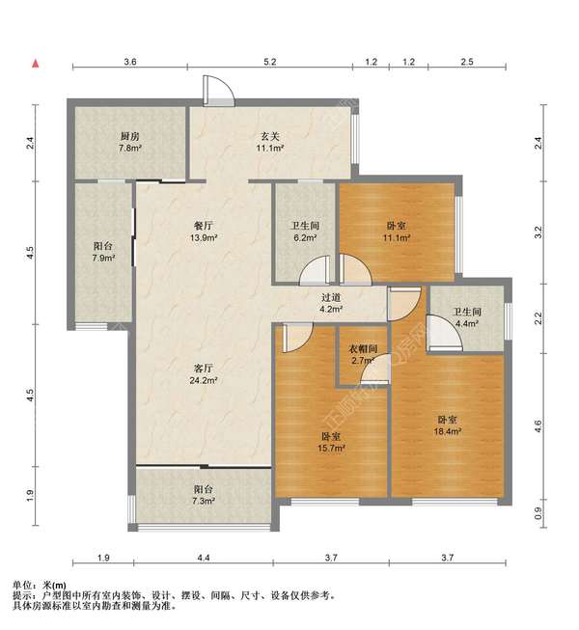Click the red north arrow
pos(36,64)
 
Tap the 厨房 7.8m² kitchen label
pos(129,142)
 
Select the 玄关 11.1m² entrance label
pos(270,142)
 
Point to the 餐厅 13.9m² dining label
pos(204,232)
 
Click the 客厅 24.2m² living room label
pos(204,374)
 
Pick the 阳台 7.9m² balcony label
pos(103,252)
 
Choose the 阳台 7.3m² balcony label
pos(204,495)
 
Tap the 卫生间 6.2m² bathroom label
pos(305,232)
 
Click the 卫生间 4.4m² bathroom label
pos(466,317)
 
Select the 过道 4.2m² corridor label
pos(332,303)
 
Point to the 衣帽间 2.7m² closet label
pos(363,354)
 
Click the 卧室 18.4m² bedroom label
pos(447,425)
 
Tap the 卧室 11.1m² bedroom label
pos(397,232)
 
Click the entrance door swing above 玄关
pos(219,91)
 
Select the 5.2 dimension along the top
pos(270,62)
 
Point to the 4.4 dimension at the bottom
pos(204,558)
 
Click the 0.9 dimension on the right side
pos(539,512)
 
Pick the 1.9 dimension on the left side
pos(30,496)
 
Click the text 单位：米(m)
pos(40,585)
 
